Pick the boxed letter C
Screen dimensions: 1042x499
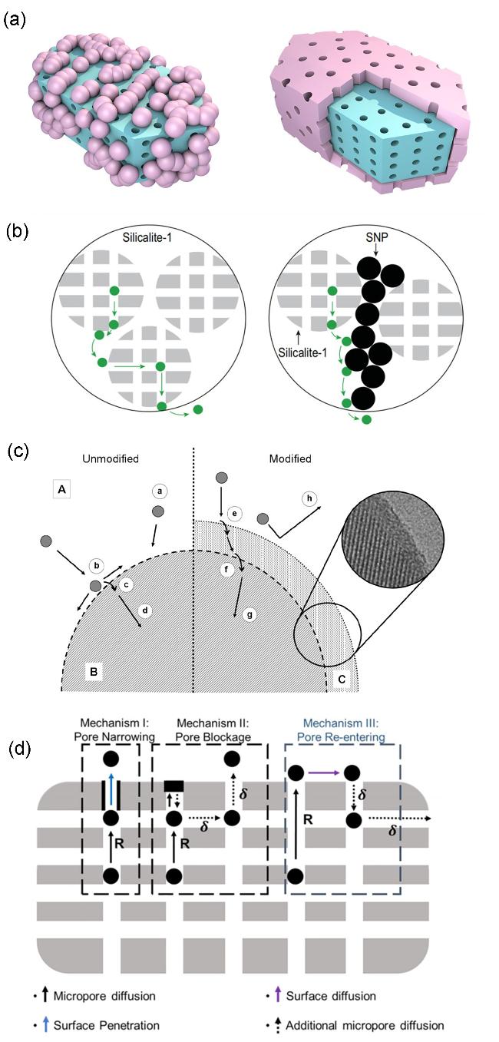pos(342,680)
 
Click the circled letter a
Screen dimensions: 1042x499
pos(159,489)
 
